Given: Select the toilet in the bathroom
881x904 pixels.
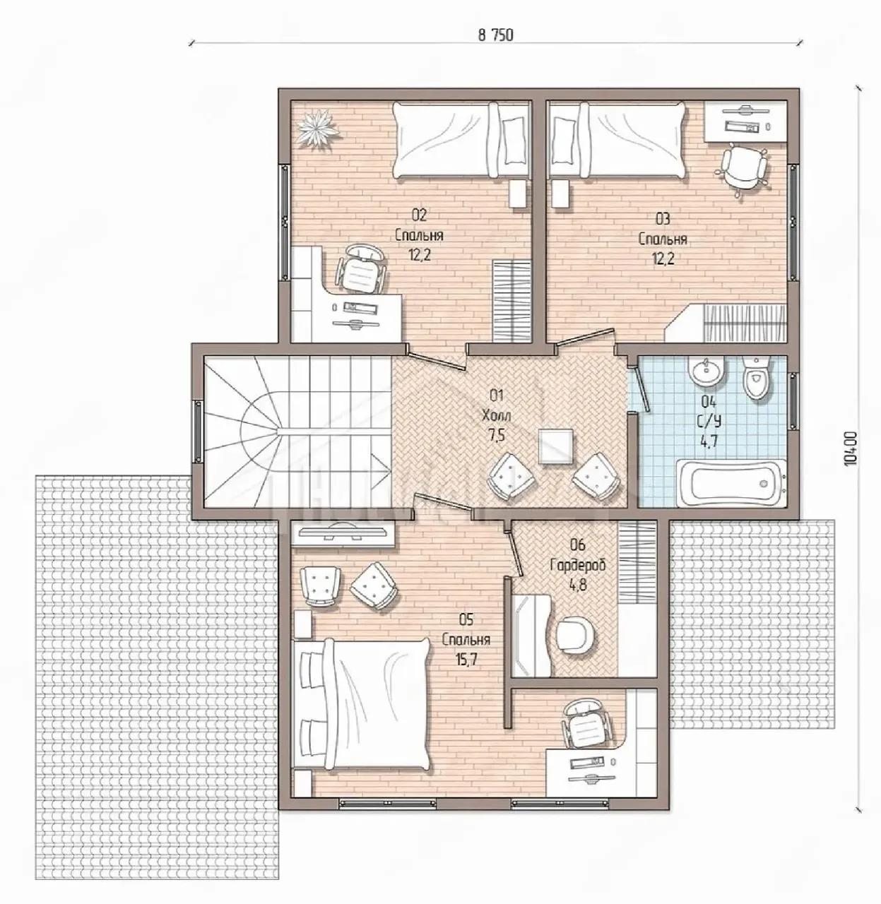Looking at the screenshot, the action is click(756, 377).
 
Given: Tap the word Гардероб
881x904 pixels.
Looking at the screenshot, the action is click(578, 566).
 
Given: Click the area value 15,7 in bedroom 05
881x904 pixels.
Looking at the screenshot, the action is click(466, 659).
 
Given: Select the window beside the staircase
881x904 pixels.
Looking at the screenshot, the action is click(199, 432).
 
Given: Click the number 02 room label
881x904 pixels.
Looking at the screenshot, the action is click(419, 215).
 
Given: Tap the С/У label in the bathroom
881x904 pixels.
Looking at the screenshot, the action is click(709, 421).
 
